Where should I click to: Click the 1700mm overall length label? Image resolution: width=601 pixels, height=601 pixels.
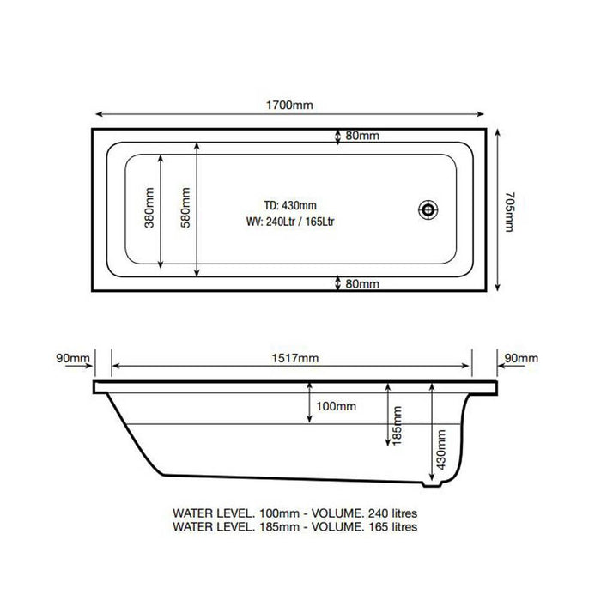291,106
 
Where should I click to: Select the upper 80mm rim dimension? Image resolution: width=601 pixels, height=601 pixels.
363,137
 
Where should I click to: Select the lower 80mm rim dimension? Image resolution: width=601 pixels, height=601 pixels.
363,284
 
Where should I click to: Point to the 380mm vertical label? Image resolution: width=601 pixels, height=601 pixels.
149,211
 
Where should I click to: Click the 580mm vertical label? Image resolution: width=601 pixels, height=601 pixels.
185,211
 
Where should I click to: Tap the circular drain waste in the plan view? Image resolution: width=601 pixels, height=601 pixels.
428,209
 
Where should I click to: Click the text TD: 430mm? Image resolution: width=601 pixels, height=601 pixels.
291,204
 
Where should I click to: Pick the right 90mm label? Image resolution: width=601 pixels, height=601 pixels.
521,357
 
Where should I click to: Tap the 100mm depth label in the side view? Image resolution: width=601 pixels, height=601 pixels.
336,405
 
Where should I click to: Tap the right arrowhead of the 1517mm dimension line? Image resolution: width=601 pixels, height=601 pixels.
469,366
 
